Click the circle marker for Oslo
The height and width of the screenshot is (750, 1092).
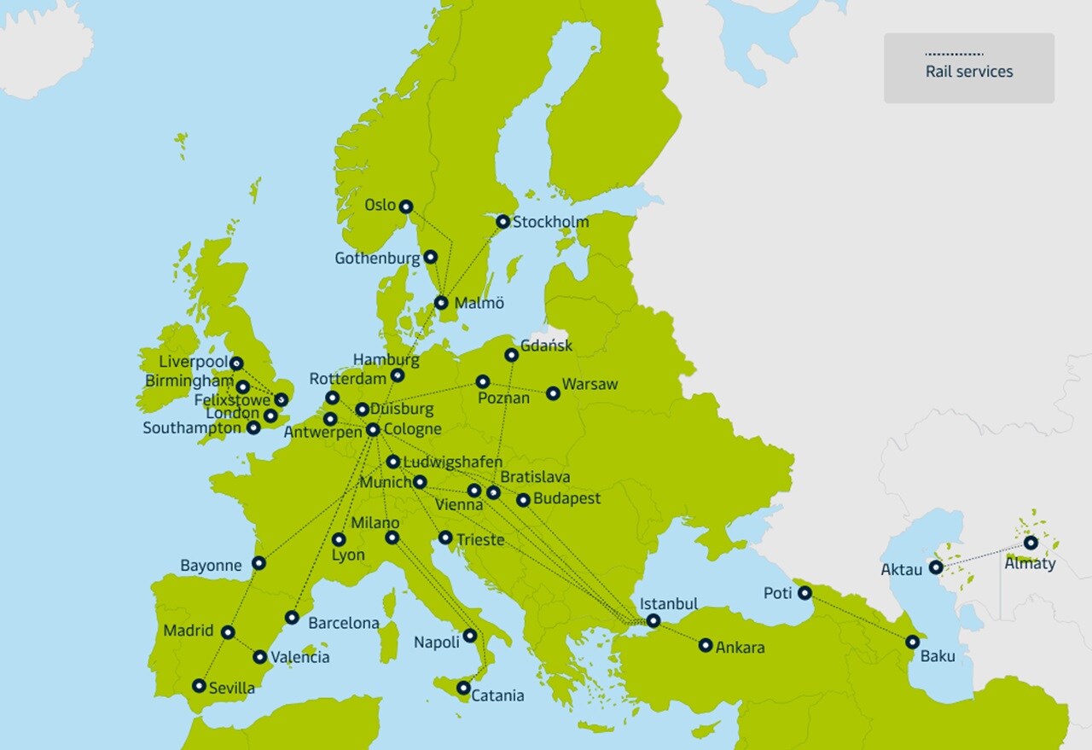point(406,206)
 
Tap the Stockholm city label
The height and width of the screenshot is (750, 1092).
point(550,222)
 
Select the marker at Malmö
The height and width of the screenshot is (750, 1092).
point(441,302)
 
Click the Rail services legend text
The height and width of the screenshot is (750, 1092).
point(969,72)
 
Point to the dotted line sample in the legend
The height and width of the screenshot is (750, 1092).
point(954,54)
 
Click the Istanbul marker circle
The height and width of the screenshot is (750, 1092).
point(653,621)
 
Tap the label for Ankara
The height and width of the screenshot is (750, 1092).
point(740,648)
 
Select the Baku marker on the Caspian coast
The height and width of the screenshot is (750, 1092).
point(912,642)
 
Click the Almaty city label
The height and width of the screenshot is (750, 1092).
point(1030,563)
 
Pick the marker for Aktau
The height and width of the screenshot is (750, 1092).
point(936,567)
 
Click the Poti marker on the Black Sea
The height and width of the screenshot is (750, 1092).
point(804,592)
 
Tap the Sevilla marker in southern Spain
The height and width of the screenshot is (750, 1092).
point(199,685)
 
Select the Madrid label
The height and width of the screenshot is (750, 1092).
point(189,631)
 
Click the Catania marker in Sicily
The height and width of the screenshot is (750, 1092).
point(463,688)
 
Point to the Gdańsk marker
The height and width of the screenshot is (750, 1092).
point(511,355)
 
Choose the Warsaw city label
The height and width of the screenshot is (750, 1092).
point(590,385)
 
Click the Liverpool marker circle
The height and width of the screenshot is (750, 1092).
point(236,363)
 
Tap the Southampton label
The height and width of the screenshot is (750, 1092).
point(192,427)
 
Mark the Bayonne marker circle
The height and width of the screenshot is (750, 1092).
point(258,563)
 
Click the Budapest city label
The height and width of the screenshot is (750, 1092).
point(566,498)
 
